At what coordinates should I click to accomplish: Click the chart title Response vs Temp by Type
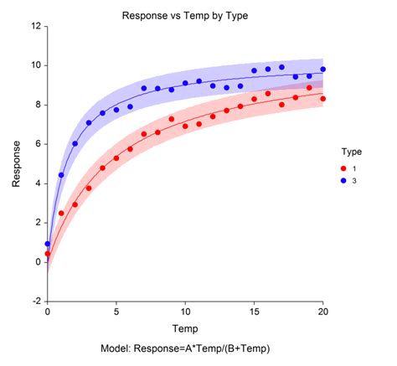tap(185, 16)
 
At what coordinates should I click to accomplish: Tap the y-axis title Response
tap(16, 164)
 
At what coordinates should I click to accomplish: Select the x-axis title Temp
tap(185, 328)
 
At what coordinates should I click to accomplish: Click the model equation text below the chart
tap(185, 348)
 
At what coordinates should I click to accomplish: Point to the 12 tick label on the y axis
tap(36, 26)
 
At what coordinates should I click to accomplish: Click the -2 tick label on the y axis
tap(37, 302)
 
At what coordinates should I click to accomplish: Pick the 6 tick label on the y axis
tap(38, 144)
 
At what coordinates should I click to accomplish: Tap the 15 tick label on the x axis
tap(254, 312)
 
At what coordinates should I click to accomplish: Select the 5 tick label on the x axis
tap(116, 312)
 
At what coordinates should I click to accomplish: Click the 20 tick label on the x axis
tap(323, 312)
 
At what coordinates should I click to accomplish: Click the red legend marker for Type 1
tap(343, 168)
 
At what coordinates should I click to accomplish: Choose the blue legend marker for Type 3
tap(343, 181)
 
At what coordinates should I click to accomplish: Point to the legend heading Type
tap(352, 152)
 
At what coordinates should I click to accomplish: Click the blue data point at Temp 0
tap(48, 244)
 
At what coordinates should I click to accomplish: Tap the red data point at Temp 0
tap(48, 254)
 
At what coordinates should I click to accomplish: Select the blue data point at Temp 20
tap(323, 70)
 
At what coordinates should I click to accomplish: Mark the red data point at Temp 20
tap(323, 99)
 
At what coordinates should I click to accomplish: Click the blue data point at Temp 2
tap(75, 143)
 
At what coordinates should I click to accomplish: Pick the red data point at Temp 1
tap(61, 214)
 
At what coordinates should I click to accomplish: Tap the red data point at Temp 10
tap(185, 126)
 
